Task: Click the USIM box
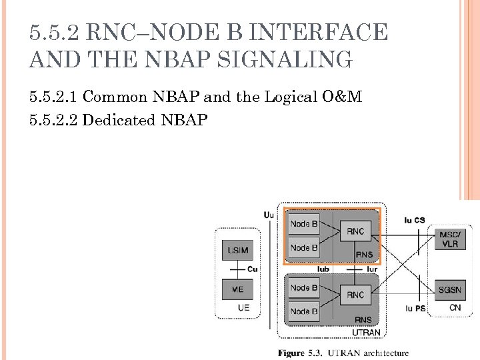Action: (x=237, y=251)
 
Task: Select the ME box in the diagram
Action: (x=237, y=290)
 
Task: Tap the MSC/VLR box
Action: (x=449, y=239)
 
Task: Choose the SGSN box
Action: (x=449, y=290)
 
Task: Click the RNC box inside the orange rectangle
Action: (x=355, y=231)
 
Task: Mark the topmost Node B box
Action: (x=304, y=224)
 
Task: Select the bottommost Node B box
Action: (x=304, y=311)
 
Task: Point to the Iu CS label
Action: (x=414, y=220)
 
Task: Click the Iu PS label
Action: (x=415, y=309)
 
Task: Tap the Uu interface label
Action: (x=268, y=215)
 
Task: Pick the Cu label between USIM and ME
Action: (x=252, y=269)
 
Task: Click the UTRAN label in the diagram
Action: (x=365, y=333)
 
